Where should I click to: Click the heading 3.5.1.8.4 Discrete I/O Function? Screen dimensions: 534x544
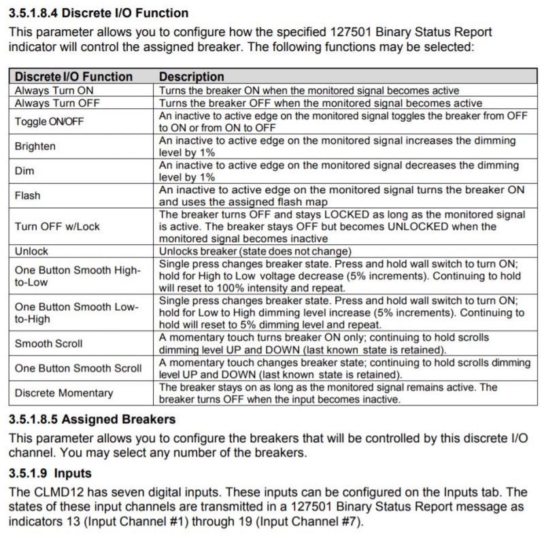pyautogui.click(x=99, y=13)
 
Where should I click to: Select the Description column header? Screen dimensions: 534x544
pyautogui.click(x=192, y=77)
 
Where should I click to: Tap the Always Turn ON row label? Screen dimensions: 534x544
pyautogui.click(x=54, y=90)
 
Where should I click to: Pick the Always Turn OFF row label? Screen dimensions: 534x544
pyautogui.click(x=57, y=103)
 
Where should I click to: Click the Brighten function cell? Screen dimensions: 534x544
pyautogui.click(x=35, y=146)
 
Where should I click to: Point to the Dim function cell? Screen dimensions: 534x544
pyautogui.click(x=24, y=171)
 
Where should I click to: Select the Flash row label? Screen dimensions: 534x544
pyautogui.click(x=28, y=196)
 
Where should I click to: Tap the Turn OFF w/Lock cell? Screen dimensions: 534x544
pyautogui.click(x=57, y=227)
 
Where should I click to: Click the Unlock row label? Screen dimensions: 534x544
pyautogui.click(x=32, y=251)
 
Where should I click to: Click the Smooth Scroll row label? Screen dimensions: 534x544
pyautogui.click(x=48, y=344)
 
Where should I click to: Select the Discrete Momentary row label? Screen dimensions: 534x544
pyautogui.click(x=64, y=393)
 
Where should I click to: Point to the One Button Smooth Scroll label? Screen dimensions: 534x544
pyautogui.click(x=78, y=368)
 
